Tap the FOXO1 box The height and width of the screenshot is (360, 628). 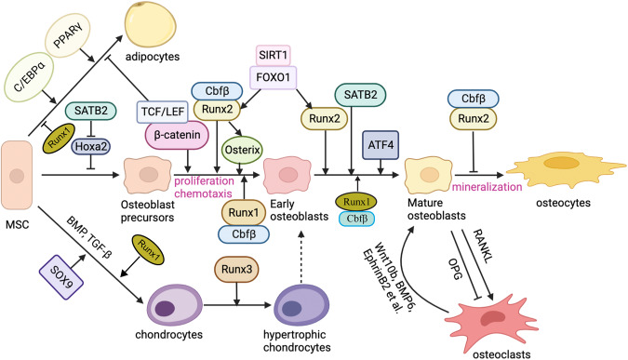[285, 79]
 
